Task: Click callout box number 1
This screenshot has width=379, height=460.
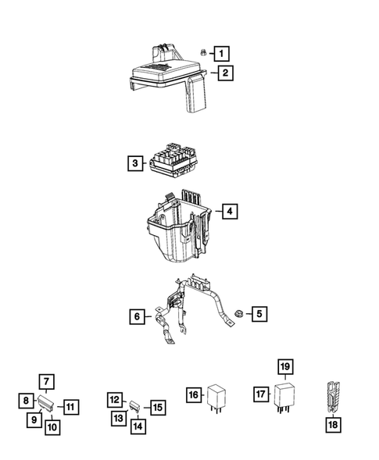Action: (221, 54)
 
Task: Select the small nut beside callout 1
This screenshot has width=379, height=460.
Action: (202, 53)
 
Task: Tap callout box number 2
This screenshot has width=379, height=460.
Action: (225, 73)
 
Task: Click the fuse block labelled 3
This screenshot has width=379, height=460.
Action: (173, 162)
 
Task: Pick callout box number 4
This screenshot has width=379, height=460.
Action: (230, 211)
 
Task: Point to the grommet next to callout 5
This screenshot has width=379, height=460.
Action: (239, 313)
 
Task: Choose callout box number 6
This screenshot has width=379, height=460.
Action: (137, 316)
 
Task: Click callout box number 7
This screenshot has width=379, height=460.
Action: (46, 382)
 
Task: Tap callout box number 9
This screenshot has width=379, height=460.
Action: (34, 419)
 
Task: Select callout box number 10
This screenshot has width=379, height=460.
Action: (52, 427)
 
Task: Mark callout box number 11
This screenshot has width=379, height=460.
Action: (70, 407)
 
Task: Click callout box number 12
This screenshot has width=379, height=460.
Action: (115, 400)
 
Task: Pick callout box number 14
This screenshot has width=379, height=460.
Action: (138, 426)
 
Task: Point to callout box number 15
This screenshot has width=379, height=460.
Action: (158, 408)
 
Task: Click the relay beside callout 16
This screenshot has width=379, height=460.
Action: (216, 398)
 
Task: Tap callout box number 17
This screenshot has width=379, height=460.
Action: (261, 394)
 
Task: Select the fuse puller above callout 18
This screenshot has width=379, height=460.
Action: (333, 398)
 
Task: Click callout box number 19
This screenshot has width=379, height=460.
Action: (285, 367)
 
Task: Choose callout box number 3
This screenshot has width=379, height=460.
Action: (135, 163)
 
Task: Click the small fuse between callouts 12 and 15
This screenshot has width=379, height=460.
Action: (135, 407)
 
